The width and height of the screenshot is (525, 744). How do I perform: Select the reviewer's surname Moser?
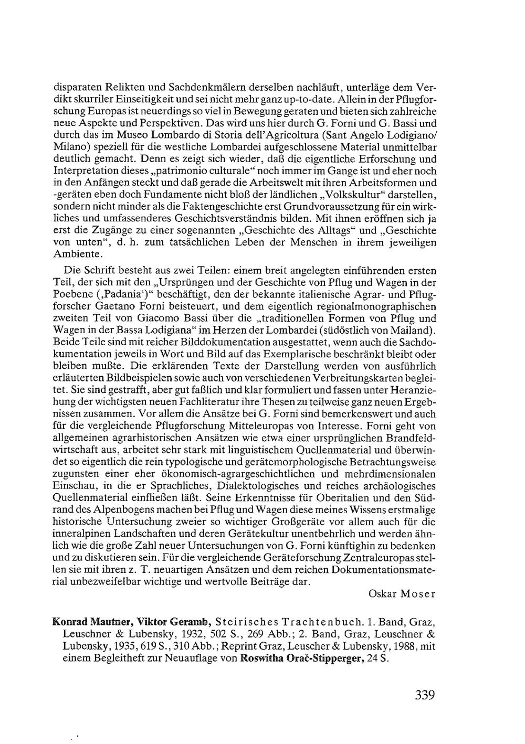[x=418, y=594]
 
